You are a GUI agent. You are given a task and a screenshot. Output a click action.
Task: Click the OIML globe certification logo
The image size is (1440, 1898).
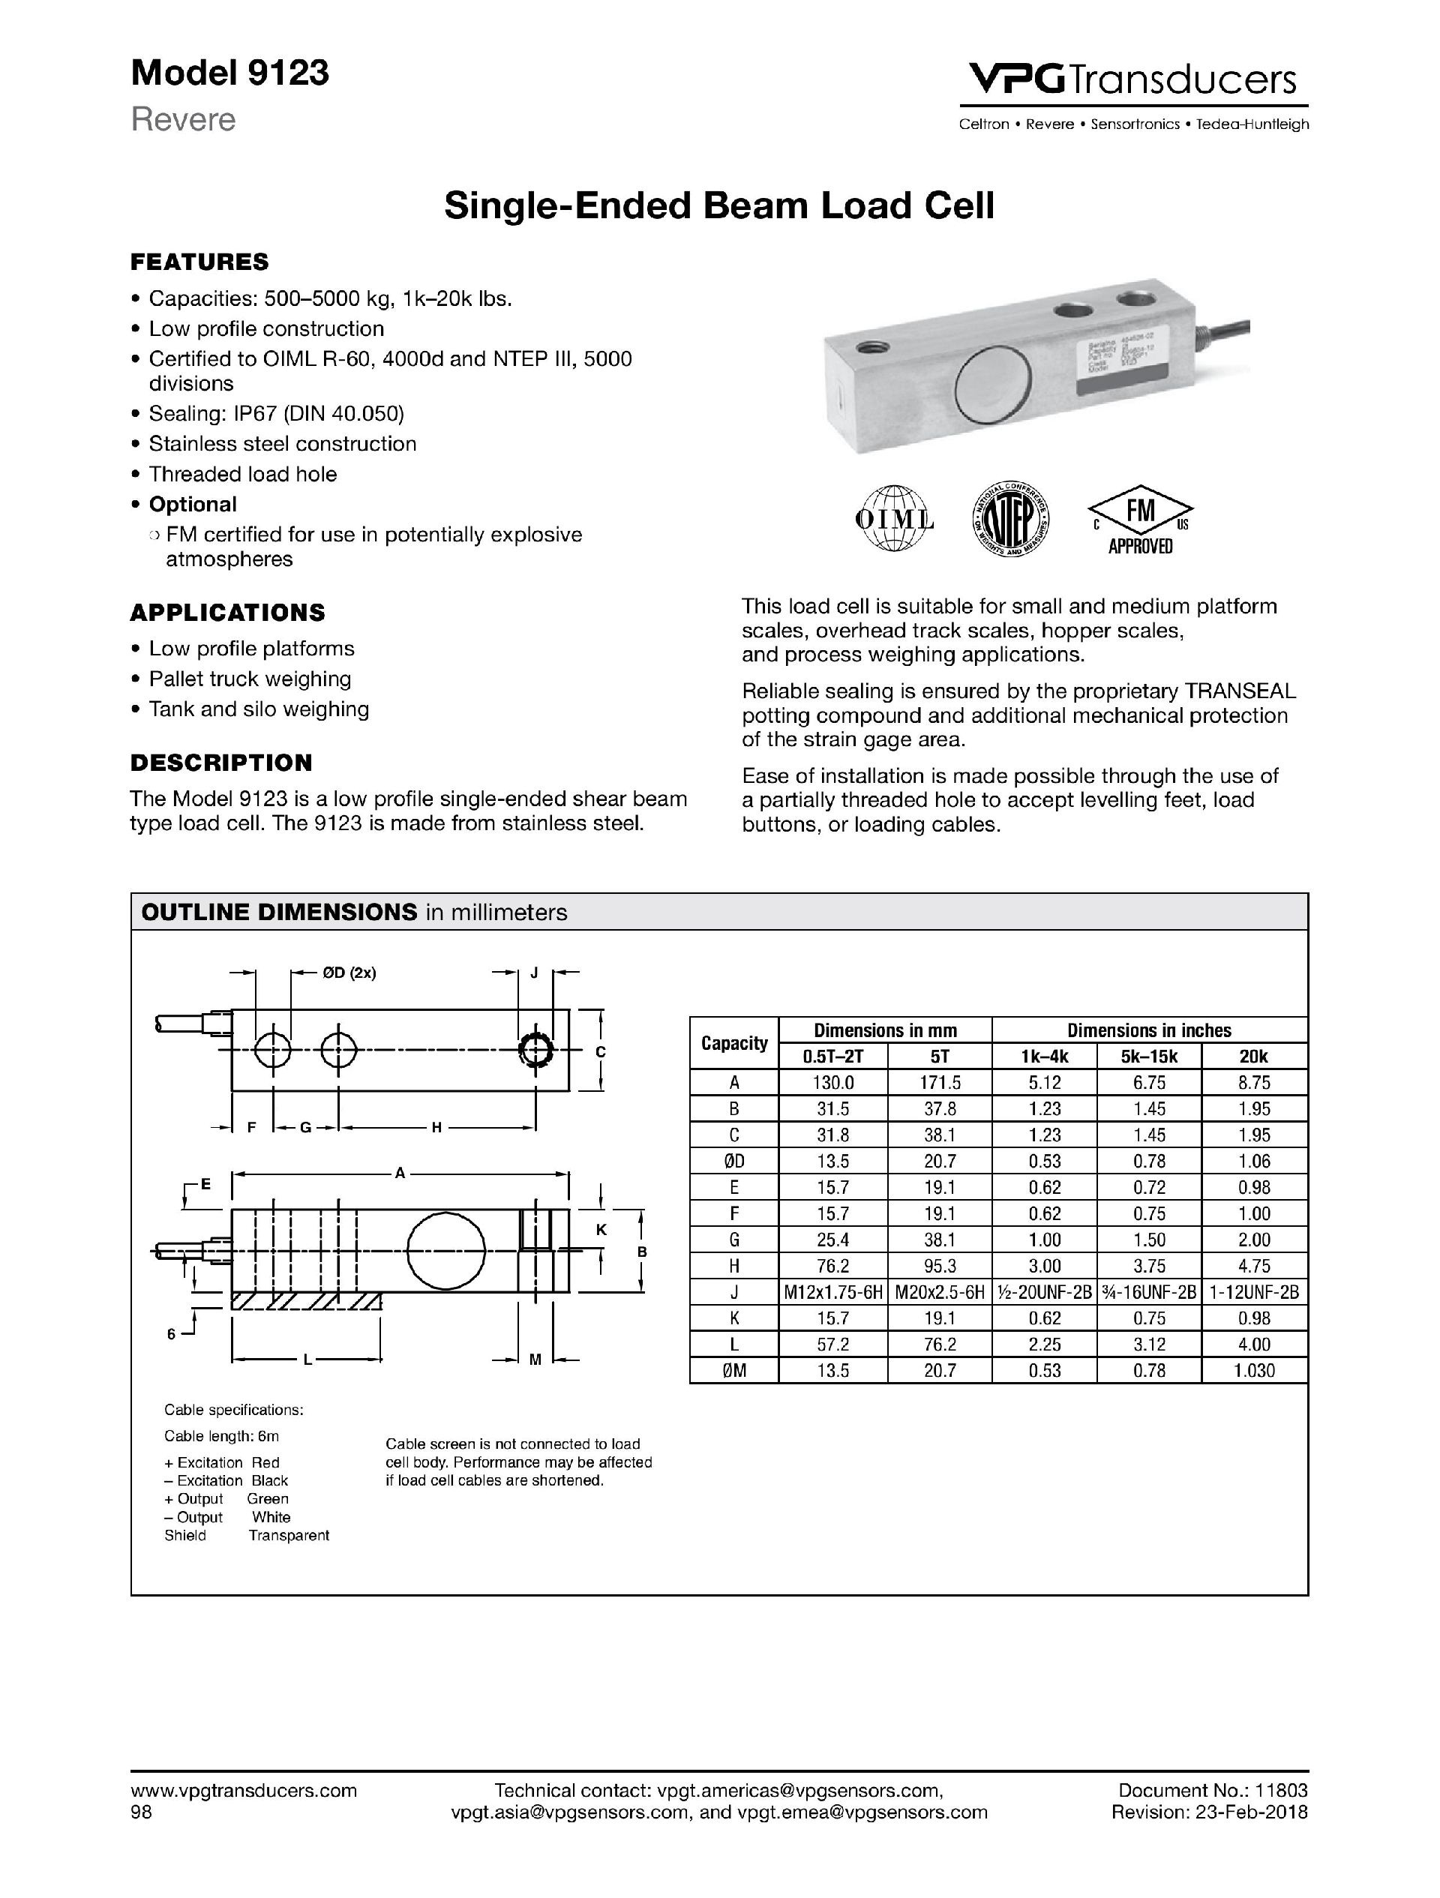pos(894,519)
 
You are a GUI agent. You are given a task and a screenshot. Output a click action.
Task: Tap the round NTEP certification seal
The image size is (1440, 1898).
pos(1010,519)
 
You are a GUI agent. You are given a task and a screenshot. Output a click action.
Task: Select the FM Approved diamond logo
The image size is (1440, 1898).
pos(1141,519)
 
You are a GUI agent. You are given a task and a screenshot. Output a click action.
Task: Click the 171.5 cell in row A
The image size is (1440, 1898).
pos(939,1083)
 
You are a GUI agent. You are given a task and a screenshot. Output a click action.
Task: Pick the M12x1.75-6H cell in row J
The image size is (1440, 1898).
pos(832,1292)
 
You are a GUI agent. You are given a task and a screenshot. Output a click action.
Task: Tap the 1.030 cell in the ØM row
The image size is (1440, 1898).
pos(1254,1371)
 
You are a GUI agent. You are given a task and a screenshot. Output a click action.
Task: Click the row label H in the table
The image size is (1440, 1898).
pos(733,1267)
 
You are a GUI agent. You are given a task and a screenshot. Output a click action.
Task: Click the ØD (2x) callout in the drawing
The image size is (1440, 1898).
pos(349,973)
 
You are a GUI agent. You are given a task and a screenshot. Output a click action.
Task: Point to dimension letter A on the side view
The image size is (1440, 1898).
pos(400,1174)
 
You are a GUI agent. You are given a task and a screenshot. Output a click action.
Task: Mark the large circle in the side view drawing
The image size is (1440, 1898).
pos(445,1249)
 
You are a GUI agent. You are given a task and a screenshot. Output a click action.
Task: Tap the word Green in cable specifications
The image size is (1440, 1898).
pos(268,1499)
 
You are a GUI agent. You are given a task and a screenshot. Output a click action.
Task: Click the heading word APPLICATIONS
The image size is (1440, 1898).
pos(227,613)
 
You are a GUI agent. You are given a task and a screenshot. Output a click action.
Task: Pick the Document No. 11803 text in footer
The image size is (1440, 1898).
pos(1213,1790)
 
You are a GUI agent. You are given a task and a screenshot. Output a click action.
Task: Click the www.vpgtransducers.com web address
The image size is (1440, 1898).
pos(244,1790)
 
